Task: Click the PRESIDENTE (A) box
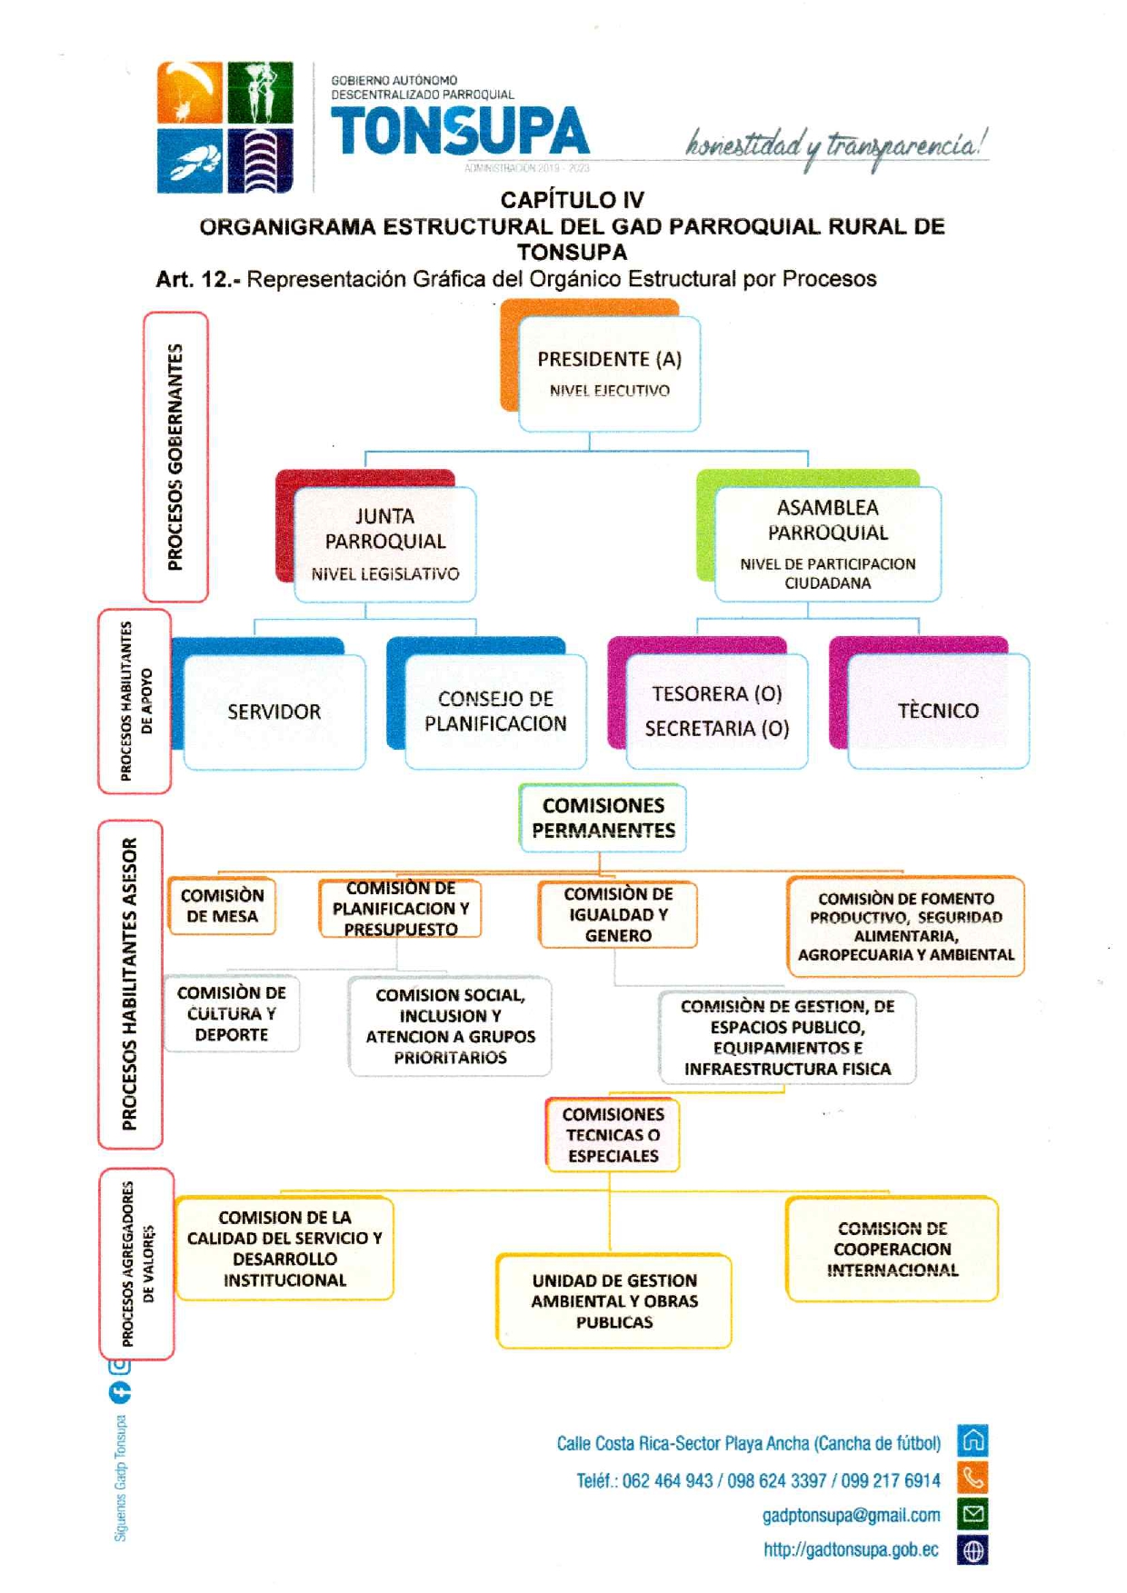pos(609,373)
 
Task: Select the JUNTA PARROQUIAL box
pos(384,543)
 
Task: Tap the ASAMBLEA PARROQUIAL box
pos(827,543)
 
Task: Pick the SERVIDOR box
pos(274,712)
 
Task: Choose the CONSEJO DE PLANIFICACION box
pos(495,712)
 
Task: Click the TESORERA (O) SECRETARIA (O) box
pos(716,712)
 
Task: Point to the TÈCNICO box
pos(938,712)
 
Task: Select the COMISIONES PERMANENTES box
pos(603,818)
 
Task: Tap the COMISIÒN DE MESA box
pos(222,906)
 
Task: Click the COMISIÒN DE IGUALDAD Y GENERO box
pos(618,915)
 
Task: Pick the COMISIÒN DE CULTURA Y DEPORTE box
pos(232,1013)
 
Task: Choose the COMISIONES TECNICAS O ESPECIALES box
pos(613,1135)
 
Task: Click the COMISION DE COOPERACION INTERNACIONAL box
pos(892,1250)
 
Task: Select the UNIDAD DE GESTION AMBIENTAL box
pos(614,1301)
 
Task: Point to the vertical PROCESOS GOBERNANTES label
pos(175,456)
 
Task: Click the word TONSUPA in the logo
pos(460,131)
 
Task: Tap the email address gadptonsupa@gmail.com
pos(851,1515)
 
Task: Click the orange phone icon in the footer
pos(973,1479)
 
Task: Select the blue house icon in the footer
pos(973,1441)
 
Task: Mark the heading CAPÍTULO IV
pos(572,200)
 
